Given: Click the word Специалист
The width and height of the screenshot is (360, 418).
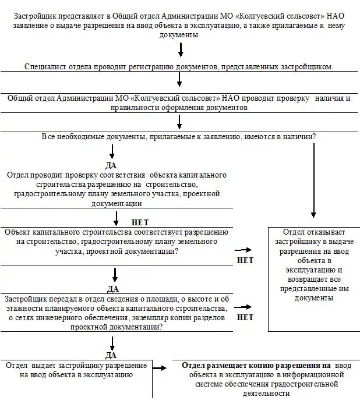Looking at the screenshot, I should coord(44,67).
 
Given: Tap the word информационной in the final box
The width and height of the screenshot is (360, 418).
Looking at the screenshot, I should coord(314,374).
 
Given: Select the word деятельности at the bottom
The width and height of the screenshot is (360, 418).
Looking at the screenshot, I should coord(265,393).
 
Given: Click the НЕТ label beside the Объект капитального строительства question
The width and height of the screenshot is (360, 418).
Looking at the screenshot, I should coord(245,260).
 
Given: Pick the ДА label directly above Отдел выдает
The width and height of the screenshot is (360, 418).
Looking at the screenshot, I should coord(111,355).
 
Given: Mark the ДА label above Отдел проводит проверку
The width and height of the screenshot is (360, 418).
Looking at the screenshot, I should coord(111,165).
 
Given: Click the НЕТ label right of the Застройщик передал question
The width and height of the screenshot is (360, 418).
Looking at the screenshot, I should coord(245,317).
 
